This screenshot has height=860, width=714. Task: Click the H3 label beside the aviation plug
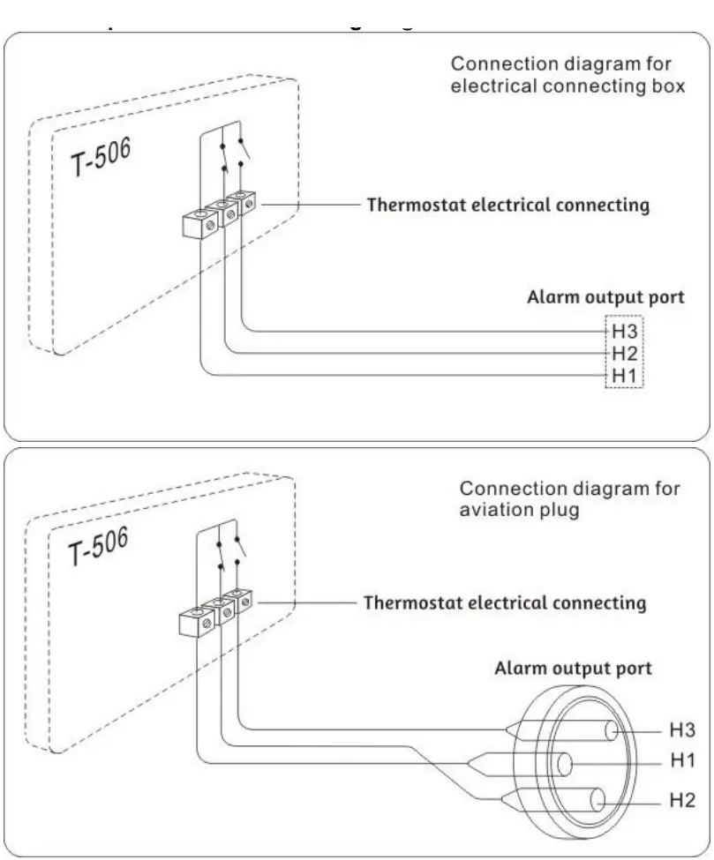point(682,729)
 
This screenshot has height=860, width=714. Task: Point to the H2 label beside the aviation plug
point(682,800)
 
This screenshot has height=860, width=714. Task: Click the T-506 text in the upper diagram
point(101,158)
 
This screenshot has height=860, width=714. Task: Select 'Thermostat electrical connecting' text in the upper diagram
point(507,206)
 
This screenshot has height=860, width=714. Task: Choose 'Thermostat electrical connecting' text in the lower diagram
point(505,603)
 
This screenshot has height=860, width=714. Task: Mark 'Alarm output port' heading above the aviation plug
point(572,668)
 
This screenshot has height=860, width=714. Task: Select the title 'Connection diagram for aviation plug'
point(569,499)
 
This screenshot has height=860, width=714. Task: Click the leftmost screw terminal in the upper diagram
point(200,224)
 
